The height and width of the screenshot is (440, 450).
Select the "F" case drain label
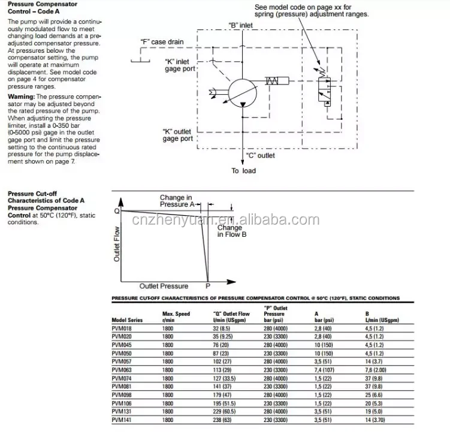tap(162, 42)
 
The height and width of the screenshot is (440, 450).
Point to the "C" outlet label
tap(260, 155)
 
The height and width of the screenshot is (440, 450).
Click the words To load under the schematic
tap(243, 171)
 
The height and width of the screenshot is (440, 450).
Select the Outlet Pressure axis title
tap(164, 286)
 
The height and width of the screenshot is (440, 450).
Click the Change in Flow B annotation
tap(231, 231)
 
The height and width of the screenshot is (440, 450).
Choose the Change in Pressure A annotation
tap(177, 201)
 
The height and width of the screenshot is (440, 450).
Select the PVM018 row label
tap(122, 330)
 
